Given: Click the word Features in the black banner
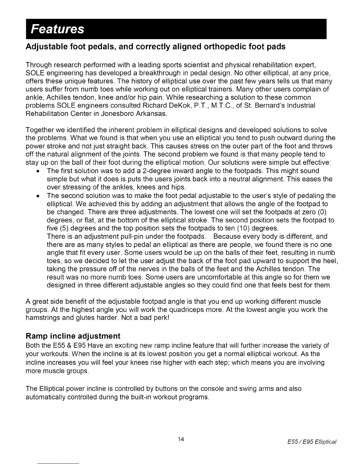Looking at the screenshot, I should [58, 29].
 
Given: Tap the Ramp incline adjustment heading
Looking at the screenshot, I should [73, 336].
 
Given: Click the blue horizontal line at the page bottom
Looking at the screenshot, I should [59, 463].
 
